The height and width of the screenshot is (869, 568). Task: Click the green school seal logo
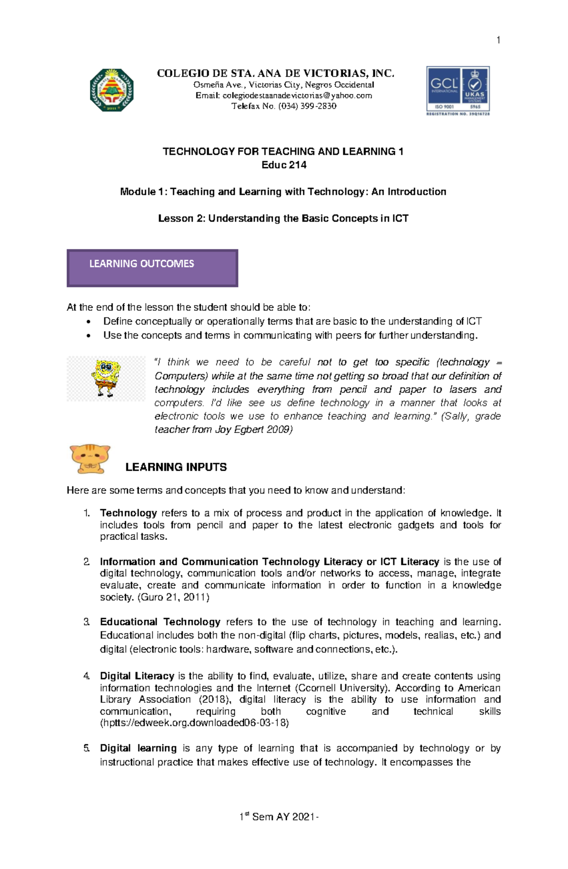click(x=112, y=90)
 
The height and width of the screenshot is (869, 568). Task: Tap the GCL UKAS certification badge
click(x=458, y=91)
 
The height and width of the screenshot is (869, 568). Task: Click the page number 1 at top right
click(x=498, y=40)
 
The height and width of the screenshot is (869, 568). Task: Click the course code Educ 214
click(x=284, y=165)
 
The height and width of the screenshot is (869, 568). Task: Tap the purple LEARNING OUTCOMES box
click(x=152, y=268)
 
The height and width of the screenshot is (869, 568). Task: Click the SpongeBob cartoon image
click(x=106, y=378)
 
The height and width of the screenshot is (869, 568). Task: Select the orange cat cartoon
click(x=89, y=458)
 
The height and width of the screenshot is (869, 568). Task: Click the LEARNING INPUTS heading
click(x=176, y=467)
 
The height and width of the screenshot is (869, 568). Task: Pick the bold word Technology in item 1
click(x=128, y=513)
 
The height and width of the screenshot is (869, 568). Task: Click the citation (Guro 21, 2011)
click(x=173, y=597)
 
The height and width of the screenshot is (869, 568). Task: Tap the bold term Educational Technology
click(x=160, y=622)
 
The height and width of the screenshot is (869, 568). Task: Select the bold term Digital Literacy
click(x=137, y=676)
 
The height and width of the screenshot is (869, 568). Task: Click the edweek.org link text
click(x=194, y=723)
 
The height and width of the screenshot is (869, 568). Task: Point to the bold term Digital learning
click(x=138, y=748)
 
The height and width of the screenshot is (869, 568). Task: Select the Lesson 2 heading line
click(x=283, y=218)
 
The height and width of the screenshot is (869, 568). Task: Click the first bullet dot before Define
click(x=88, y=322)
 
